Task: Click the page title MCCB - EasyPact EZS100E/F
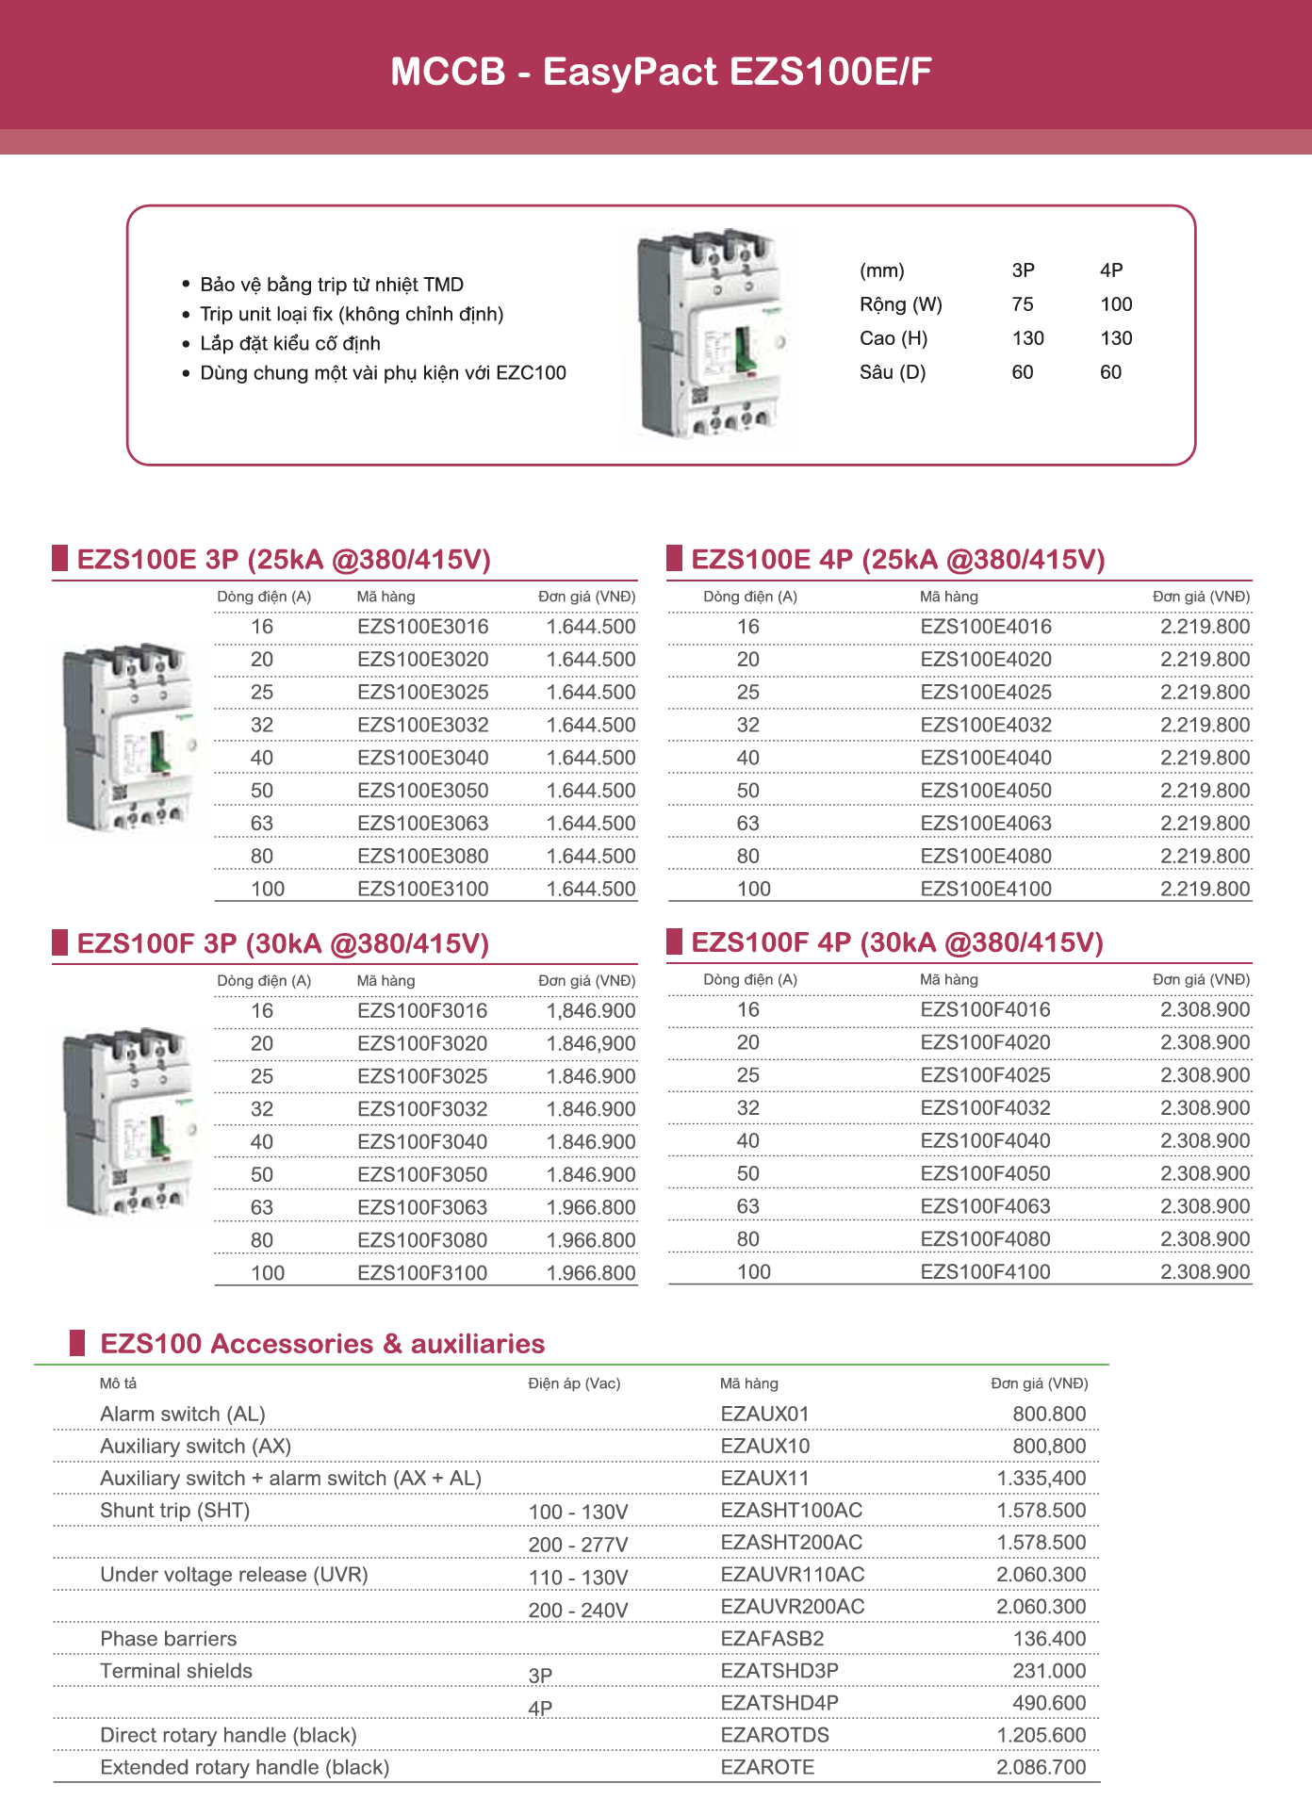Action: [x=661, y=72]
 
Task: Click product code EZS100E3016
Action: [x=422, y=627]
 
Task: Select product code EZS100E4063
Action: [x=985, y=824]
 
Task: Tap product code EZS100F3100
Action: [x=422, y=1273]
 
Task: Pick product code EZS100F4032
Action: [x=985, y=1108]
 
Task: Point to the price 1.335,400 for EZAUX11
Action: [x=1041, y=1479]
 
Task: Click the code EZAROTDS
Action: [x=775, y=1735]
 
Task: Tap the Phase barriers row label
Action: [x=169, y=1639]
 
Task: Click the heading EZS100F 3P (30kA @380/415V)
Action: [x=283, y=943]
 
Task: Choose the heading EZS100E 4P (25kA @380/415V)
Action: [x=897, y=560]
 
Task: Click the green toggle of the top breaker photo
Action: [x=742, y=351]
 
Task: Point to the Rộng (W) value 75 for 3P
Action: [x=1022, y=304]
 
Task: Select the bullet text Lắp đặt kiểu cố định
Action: [x=290, y=343]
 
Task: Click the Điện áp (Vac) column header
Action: [x=574, y=1383]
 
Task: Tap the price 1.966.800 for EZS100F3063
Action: [x=591, y=1208]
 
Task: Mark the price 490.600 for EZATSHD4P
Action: [x=1049, y=1703]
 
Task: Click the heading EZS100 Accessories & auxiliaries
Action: [x=322, y=1344]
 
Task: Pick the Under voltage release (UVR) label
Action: [x=234, y=1575]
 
